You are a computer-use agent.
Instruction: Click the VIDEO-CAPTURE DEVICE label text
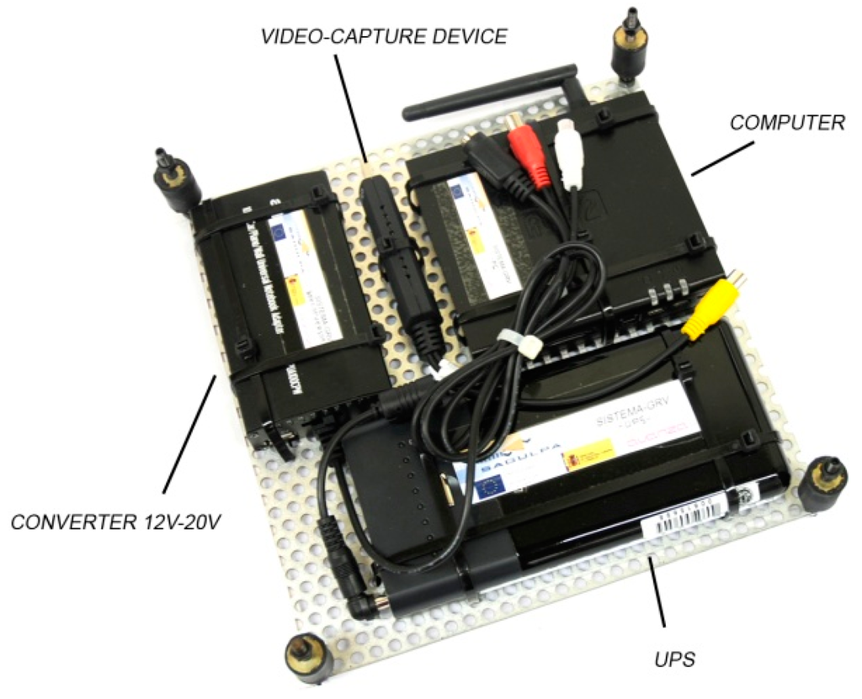coord(383,36)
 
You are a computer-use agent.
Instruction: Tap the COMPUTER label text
coord(786,123)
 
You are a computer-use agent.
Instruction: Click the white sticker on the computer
coord(482,236)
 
